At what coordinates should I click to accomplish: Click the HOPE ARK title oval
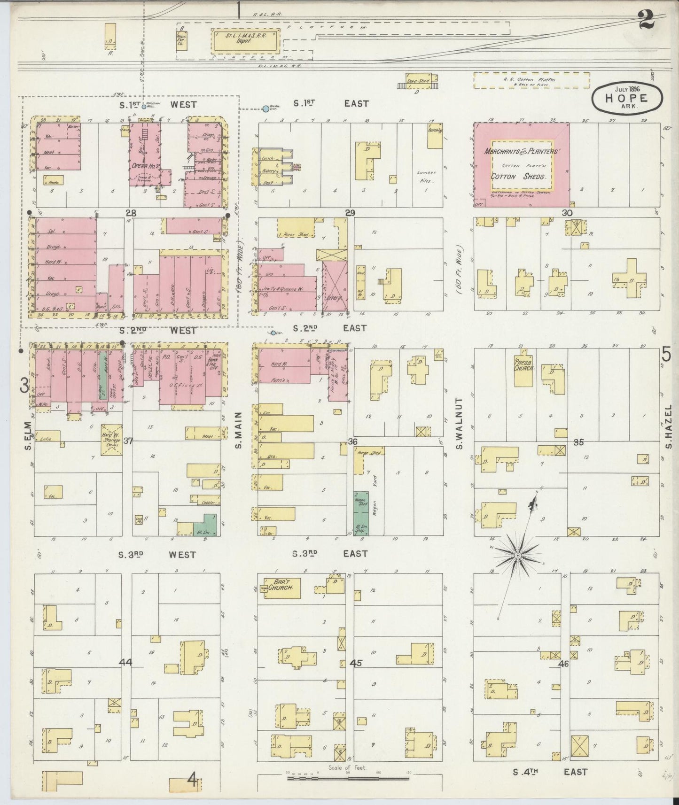coord(627,99)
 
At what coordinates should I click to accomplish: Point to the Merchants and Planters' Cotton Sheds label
coord(522,164)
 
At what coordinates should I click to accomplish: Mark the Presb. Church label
coord(523,365)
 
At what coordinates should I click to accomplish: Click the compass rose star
coord(517,555)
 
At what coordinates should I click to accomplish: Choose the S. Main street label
coord(238,430)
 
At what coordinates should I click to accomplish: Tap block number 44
coord(125,662)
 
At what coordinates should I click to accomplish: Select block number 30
coord(567,213)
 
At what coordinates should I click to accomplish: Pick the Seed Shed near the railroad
coord(418,81)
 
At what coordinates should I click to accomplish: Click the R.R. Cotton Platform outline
coord(531,80)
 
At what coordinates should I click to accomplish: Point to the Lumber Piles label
coord(426,176)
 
